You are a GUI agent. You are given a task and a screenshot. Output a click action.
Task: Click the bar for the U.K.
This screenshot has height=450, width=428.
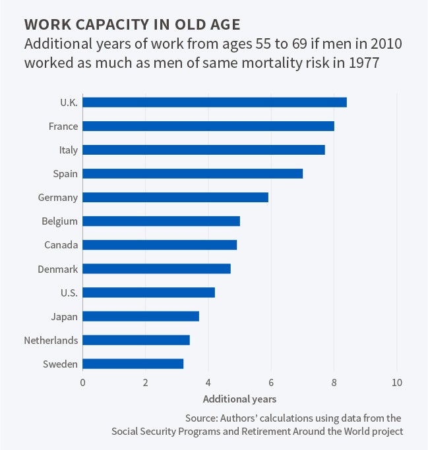tap(214, 102)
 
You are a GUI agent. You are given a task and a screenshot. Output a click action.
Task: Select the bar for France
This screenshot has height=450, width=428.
tap(208, 126)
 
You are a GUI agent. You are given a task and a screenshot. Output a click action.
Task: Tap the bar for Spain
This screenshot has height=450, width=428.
tap(193, 173)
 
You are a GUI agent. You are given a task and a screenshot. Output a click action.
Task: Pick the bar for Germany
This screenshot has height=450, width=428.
tap(175, 197)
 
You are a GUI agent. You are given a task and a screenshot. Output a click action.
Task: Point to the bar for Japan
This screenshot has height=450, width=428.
tap(140, 316)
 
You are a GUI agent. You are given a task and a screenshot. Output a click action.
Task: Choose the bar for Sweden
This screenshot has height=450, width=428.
tap(133, 364)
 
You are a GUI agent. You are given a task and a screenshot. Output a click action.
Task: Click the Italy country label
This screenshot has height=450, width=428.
tap(68, 150)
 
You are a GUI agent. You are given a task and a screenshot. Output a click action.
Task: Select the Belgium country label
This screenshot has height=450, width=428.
tap(60, 221)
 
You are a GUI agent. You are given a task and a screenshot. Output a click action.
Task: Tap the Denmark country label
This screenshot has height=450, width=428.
tap(58, 269)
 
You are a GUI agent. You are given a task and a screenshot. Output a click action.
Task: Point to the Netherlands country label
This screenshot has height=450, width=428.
tap(51, 341)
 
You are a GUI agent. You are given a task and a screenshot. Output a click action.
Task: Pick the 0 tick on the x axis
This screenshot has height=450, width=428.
tap(83, 382)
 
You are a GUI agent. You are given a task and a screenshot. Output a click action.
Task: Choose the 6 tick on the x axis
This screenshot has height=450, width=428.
tap(271, 382)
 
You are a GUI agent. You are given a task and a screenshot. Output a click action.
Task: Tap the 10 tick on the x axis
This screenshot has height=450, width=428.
tap(396, 382)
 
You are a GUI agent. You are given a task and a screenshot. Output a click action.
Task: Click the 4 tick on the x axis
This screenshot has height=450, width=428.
tap(208, 382)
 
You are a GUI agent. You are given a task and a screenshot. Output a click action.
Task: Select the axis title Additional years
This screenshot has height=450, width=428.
tap(239, 399)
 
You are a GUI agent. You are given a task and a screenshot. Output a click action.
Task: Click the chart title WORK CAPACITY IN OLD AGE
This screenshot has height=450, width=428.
tap(132, 24)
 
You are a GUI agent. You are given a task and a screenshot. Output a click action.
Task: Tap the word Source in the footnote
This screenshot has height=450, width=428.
tap(197, 418)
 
